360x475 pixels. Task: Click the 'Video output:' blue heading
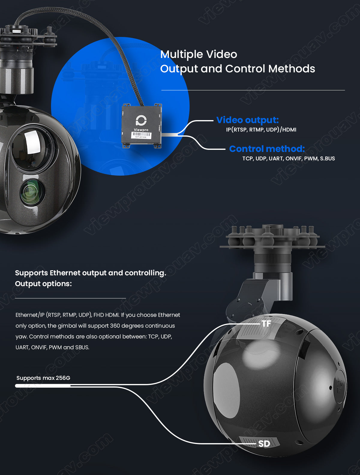247,120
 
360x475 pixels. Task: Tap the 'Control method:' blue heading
267,149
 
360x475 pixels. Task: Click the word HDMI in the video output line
289,130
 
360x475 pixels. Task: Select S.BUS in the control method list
327,159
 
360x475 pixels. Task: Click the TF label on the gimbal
266,324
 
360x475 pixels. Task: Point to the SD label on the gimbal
264,444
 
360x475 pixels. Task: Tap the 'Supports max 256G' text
43,378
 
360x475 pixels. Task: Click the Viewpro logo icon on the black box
141,120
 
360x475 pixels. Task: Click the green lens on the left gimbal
31,192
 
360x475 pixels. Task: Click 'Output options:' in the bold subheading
43,284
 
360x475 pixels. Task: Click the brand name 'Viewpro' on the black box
141,130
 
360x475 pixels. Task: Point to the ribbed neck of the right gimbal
272,259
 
